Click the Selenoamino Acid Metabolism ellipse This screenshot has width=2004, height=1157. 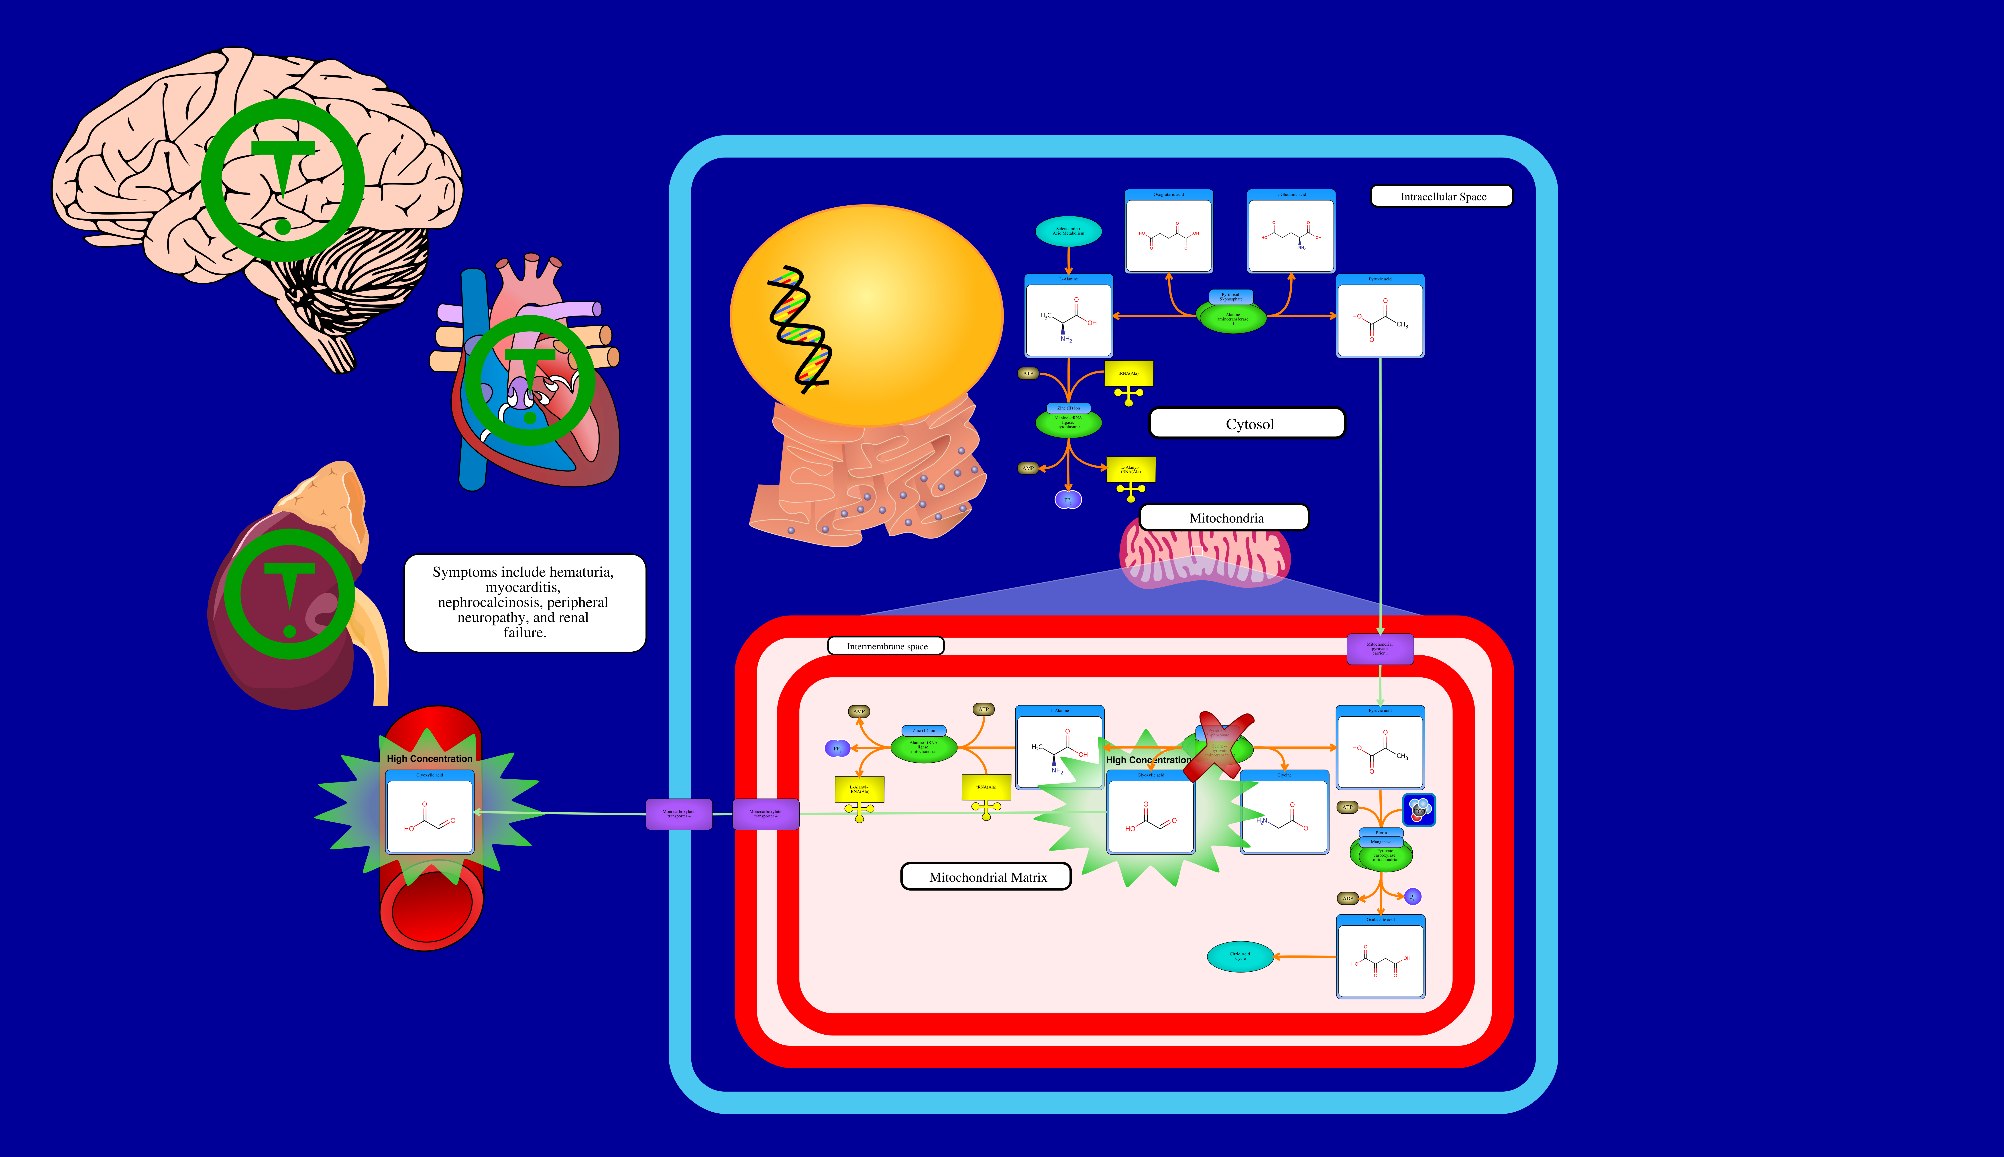(x=1068, y=231)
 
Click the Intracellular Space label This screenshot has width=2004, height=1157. (x=1442, y=196)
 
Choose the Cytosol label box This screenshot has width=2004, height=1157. (x=1248, y=423)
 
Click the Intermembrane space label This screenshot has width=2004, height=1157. (x=886, y=646)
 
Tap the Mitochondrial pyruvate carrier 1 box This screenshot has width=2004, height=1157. (x=1379, y=648)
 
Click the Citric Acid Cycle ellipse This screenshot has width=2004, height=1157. (x=1239, y=956)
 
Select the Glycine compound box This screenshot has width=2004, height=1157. (x=1284, y=812)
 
